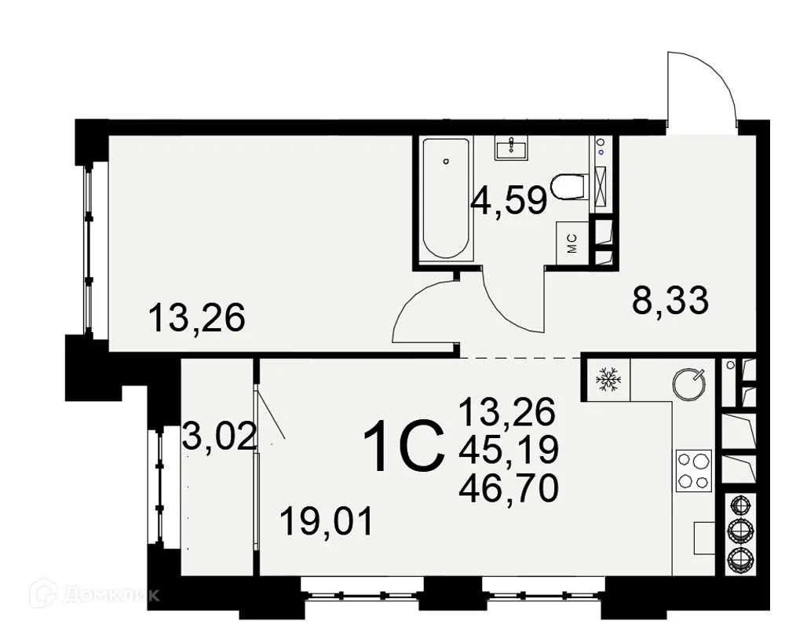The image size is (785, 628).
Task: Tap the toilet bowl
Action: (x=570, y=187)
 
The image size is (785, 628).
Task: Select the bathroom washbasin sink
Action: (x=511, y=148)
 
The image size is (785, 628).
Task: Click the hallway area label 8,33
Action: (x=670, y=300)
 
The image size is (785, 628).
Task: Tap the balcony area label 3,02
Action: (x=220, y=435)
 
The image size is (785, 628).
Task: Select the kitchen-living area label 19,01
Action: (x=327, y=520)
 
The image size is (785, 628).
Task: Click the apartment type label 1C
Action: (x=403, y=446)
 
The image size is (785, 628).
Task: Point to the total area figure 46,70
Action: (x=508, y=488)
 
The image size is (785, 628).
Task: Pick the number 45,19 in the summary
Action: (x=508, y=449)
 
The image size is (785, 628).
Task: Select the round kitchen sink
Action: (x=688, y=384)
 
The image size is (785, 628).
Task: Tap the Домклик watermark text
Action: (x=111, y=595)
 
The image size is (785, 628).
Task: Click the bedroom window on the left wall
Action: (x=89, y=248)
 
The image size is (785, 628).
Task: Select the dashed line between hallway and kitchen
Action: (x=520, y=358)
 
